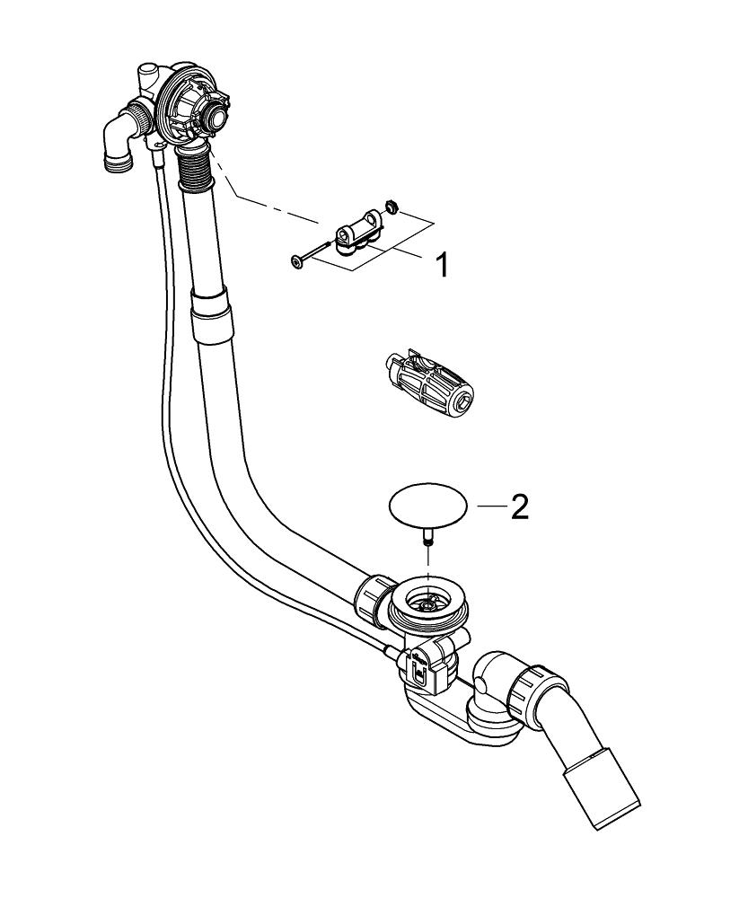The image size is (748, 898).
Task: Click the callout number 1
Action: [441, 265]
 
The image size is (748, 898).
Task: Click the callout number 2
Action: [519, 507]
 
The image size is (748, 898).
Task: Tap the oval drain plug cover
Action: [429, 507]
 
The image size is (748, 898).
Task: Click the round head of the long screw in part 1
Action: [297, 261]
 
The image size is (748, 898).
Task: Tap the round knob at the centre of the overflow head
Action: [216, 114]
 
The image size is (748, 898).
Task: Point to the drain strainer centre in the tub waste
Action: [428, 601]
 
